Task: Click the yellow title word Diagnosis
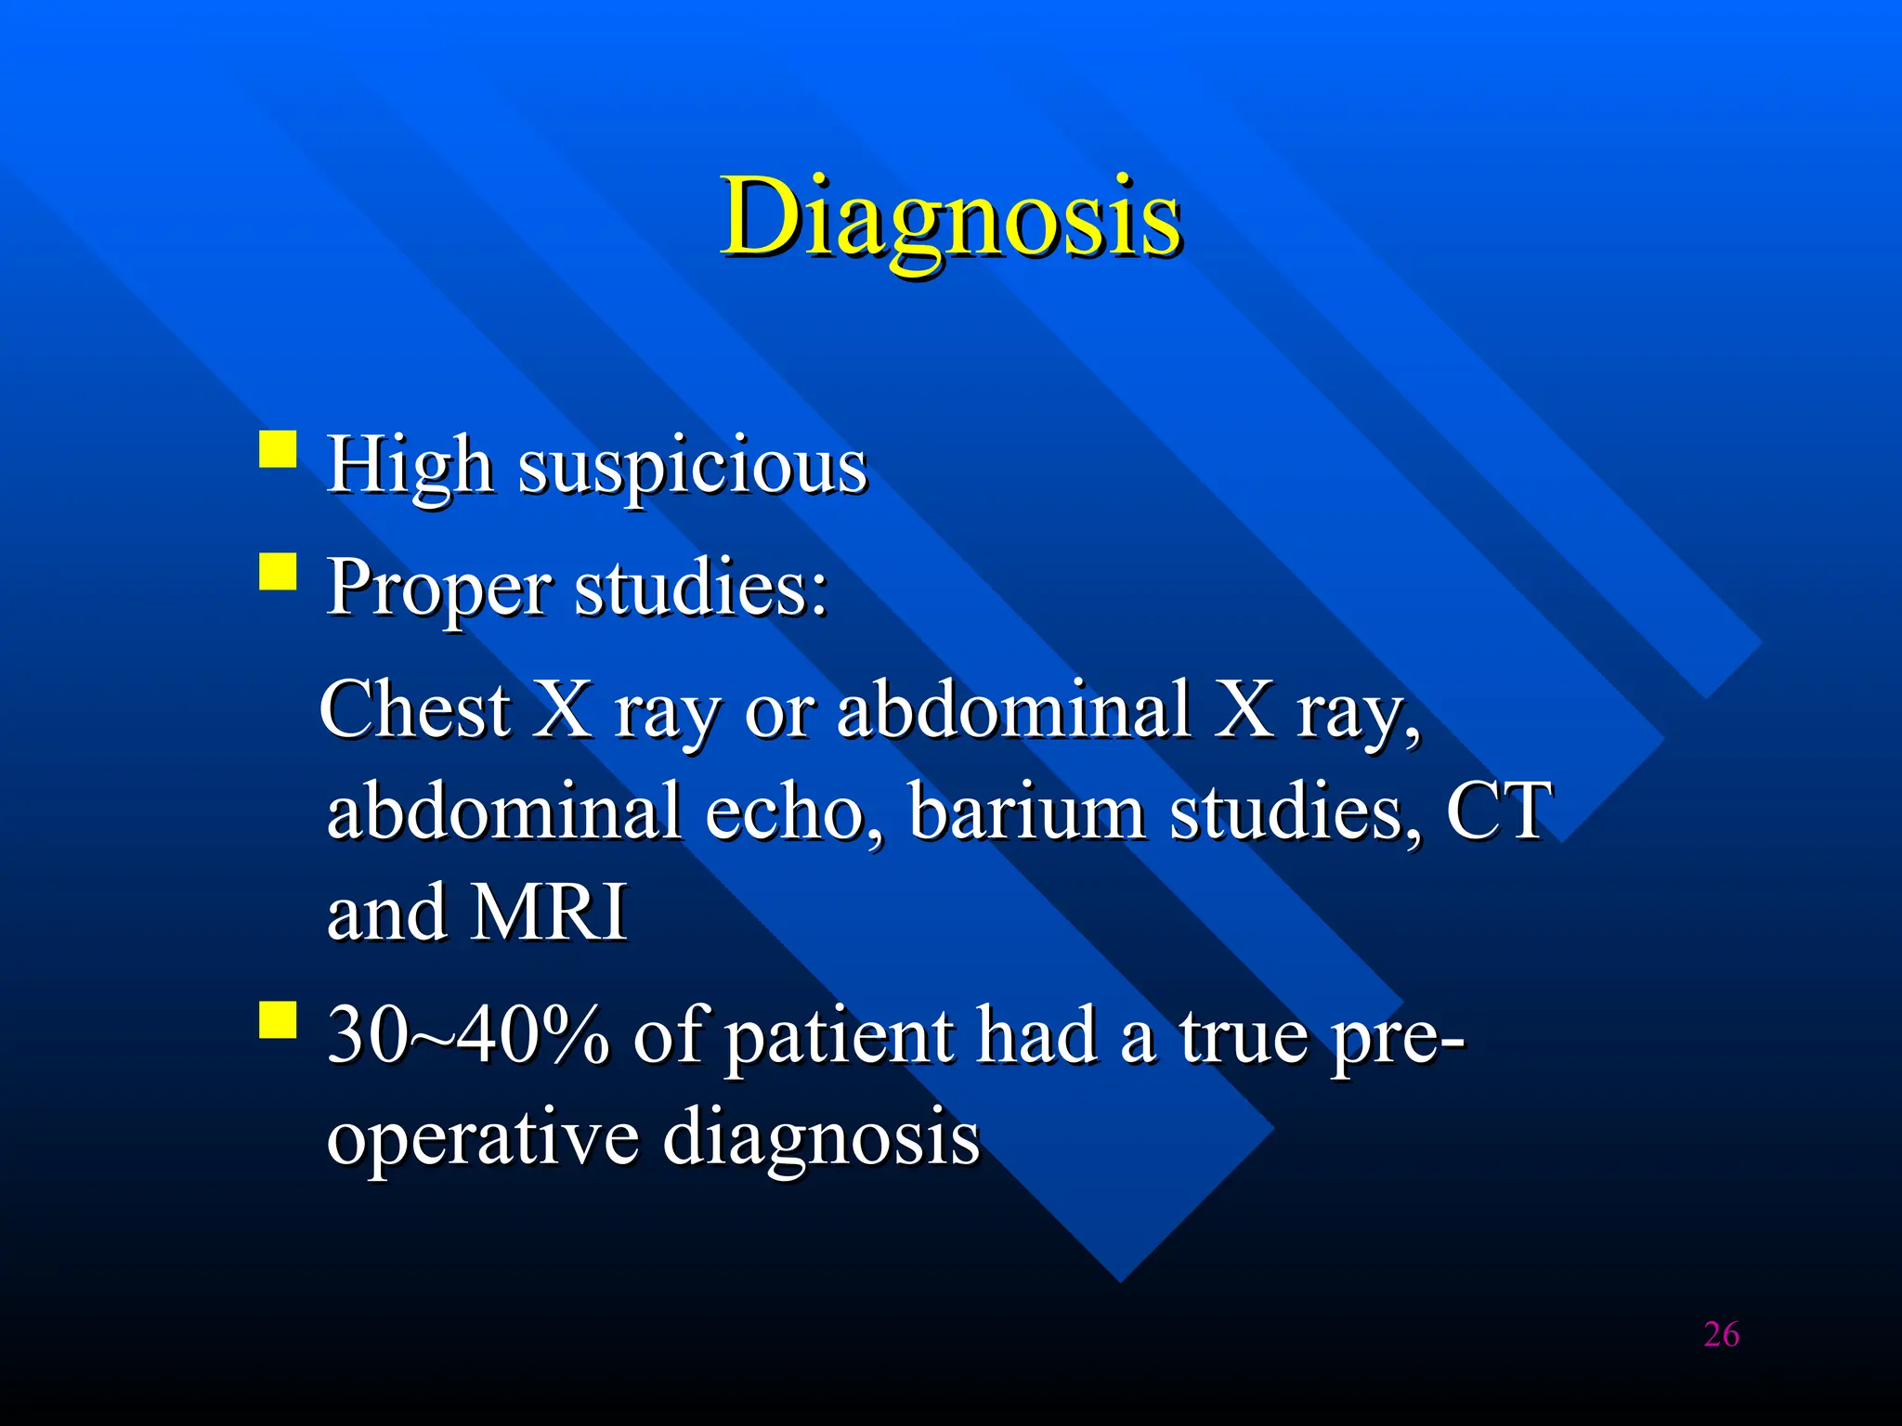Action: pos(951,218)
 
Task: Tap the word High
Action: pos(409,465)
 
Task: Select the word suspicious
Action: pos(693,467)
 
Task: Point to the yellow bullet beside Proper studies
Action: pos(278,572)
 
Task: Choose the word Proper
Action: pos(439,590)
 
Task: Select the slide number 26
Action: pos(1721,1335)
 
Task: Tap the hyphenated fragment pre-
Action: pos(1398,1040)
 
